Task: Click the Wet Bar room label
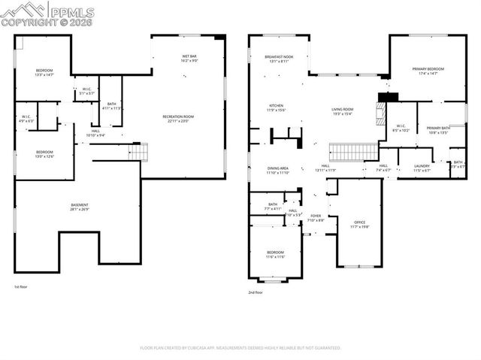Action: [x=189, y=58]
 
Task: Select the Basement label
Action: [x=80, y=207]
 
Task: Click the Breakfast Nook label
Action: [x=278, y=59]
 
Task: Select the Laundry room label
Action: [x=422, y=168]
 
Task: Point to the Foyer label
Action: [x=316, y=218]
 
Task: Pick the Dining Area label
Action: [x=278, y=170]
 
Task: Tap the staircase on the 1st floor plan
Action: [x=140, y=152]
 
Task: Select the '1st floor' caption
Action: [x=22, y=287]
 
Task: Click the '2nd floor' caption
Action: [x=256, y=292]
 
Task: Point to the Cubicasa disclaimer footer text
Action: [x=240, y=348]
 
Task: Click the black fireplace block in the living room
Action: [x=387, y=95]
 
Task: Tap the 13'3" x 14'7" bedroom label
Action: [x=44, y=72]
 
